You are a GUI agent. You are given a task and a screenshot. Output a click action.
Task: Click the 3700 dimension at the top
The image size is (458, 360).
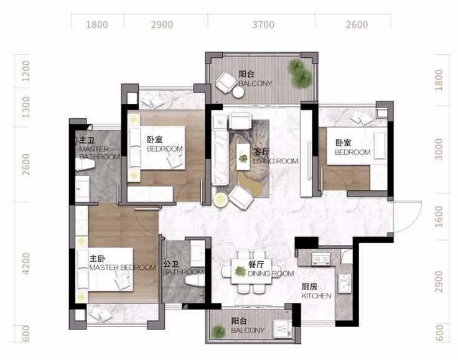263,24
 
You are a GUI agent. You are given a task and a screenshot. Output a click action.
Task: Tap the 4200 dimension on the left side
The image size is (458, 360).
26,264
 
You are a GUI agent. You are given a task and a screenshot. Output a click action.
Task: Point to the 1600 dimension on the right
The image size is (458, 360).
439,216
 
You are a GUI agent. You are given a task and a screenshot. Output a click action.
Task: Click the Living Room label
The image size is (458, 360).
276,157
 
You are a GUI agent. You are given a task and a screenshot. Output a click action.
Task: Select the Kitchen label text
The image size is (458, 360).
316,291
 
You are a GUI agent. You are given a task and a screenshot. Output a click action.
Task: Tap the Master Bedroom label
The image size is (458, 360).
123,263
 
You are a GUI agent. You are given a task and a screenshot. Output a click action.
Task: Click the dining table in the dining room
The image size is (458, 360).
251,271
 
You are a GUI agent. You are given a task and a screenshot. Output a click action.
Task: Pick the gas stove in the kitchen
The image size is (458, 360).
321,259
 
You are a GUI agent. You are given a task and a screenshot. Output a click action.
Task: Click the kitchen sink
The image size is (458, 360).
344,283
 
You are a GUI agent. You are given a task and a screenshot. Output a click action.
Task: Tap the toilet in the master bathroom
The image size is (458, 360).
85,165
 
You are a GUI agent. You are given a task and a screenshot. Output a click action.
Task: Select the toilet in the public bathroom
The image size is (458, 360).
195,280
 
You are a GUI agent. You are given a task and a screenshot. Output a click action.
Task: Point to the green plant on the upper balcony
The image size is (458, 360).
300,73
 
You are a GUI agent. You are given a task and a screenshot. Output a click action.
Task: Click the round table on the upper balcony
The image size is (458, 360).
238,93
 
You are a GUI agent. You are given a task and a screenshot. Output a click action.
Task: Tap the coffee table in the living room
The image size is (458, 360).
243,157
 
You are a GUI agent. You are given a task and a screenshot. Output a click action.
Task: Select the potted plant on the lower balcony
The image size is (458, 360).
218,331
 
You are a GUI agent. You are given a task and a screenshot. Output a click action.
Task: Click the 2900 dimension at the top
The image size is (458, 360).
162,24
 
